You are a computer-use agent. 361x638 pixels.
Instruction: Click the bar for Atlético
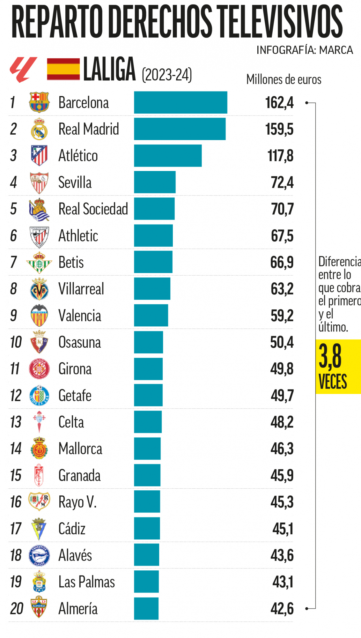coord(168,156)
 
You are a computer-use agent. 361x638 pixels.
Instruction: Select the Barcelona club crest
coord(39,102)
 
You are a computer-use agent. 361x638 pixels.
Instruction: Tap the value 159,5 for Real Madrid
coord(279,129)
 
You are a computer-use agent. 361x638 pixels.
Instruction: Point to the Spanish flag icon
coord(63,69)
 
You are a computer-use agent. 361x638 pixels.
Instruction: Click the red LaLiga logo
coord(23,69)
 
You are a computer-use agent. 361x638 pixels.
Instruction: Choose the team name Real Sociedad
coord(93,209)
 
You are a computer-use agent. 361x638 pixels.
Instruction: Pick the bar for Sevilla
coord(155,182)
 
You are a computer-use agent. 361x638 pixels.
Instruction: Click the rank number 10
coord(16,342)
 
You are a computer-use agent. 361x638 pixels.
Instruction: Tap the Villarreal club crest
coord(39,289)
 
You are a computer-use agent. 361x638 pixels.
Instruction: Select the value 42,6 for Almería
coord(282,609)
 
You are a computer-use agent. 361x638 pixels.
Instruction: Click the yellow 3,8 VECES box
coord(338,367)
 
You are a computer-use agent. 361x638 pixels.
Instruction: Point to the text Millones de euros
coord(284,79)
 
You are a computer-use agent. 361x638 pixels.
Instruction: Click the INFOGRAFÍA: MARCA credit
coord(305,50)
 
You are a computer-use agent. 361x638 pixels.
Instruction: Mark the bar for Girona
coord(148,369)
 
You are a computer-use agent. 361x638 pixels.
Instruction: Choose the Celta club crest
coord(39,422)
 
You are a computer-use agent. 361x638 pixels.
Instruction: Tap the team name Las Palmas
coord(86,582)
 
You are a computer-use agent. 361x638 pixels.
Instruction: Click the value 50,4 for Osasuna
coord(282,342)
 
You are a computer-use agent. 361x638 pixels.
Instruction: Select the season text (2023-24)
coord(167,75)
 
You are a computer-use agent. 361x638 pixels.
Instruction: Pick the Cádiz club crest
coord(39,529)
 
